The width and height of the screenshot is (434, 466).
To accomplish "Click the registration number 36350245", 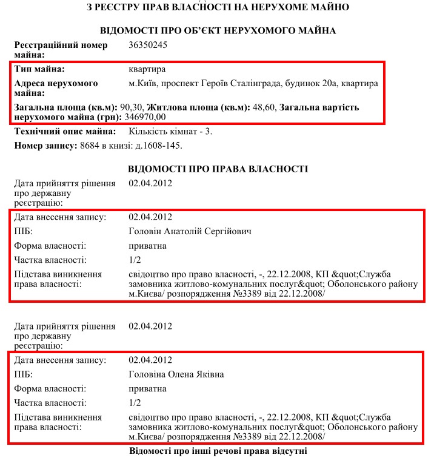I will click(148, 45).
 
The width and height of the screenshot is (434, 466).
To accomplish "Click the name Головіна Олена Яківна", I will click(176, 374).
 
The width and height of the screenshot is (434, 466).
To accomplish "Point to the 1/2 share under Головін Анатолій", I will click(135, 260).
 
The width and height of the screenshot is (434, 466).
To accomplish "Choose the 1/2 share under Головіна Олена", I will click(135, 402).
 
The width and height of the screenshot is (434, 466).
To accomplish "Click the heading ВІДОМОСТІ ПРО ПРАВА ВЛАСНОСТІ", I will click(218, 169).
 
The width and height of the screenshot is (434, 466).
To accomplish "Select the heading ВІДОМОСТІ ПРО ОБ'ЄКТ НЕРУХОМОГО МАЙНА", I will click(218, 30).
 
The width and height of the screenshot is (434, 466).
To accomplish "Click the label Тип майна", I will click(39, 69).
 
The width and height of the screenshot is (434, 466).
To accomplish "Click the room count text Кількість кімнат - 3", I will click(170, 131).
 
